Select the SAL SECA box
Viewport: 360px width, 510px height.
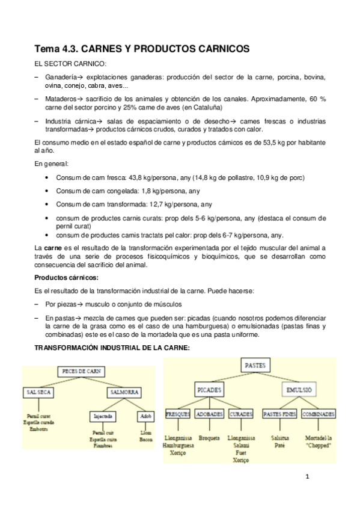pos(38,392)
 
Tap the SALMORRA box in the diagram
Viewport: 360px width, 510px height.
pos(123,392)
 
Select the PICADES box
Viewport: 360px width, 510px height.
pos(210,390)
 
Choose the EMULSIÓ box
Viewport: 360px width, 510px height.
pos(299,390)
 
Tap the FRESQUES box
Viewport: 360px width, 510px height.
pos(178,414)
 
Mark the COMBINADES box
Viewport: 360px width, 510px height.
pos(319,414)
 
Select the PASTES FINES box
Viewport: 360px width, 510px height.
pos(280,414)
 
